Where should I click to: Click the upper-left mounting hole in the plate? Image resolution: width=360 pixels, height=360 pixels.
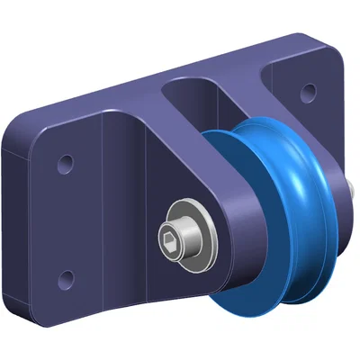pos(65,164)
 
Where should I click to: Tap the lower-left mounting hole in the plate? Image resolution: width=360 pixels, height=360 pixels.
pos(64,275)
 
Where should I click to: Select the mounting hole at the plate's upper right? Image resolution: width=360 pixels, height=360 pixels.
pos(309,90)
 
